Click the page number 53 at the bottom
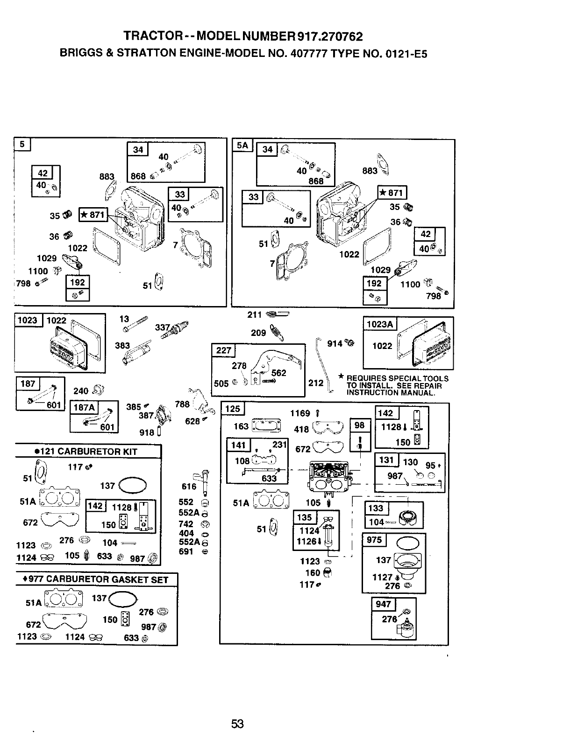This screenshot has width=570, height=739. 237,724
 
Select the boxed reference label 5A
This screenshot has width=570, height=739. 242,146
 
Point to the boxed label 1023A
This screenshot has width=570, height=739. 380,324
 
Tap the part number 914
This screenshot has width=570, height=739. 335,343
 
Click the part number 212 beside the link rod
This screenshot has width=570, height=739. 316,383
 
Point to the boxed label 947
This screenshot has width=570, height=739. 383,604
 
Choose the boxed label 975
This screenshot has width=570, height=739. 374,540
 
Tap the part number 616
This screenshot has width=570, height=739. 189,487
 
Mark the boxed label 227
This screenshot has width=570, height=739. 223,350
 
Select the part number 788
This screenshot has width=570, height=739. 182,404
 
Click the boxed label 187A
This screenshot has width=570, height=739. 84,407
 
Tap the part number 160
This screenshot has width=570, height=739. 312,572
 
